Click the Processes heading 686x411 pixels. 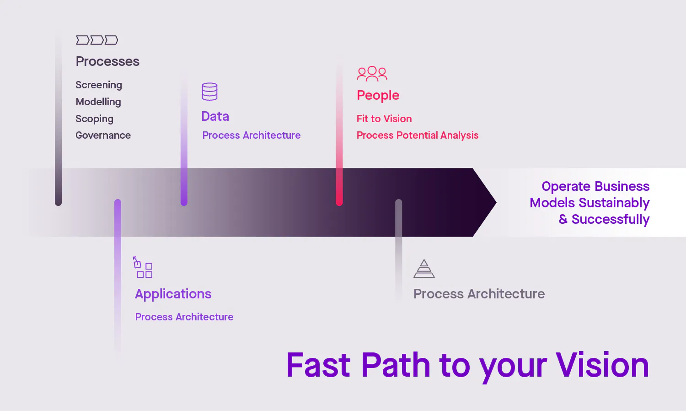click(x=107, y=61)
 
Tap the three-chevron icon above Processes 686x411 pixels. click(x=97, y=40)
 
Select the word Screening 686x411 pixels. click(x=99, y=85)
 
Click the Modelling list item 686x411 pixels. click(x=98, y=102)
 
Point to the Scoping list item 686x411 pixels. click(x=94, y=119)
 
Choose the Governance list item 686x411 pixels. click(x=103, y=135)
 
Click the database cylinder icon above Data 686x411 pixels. click(x=209, y=92)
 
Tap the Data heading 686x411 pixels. click(x=215, y=116)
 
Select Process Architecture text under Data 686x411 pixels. click(x=251, y=135)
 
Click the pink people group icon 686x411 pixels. click(x=372, y=73)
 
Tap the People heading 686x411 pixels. click(x=378, y=95)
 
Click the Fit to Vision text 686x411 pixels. click(x=384, y=119)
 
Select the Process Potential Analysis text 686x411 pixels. click(x=417, y=135)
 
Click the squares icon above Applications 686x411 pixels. click(x=143, y=267)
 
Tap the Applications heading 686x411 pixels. click(x=173, y=294)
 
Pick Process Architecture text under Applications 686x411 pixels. click(x=184, y=317)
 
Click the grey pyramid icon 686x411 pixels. click(x=424, y=269)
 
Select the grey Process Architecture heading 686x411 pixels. click(x=479, y=294)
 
